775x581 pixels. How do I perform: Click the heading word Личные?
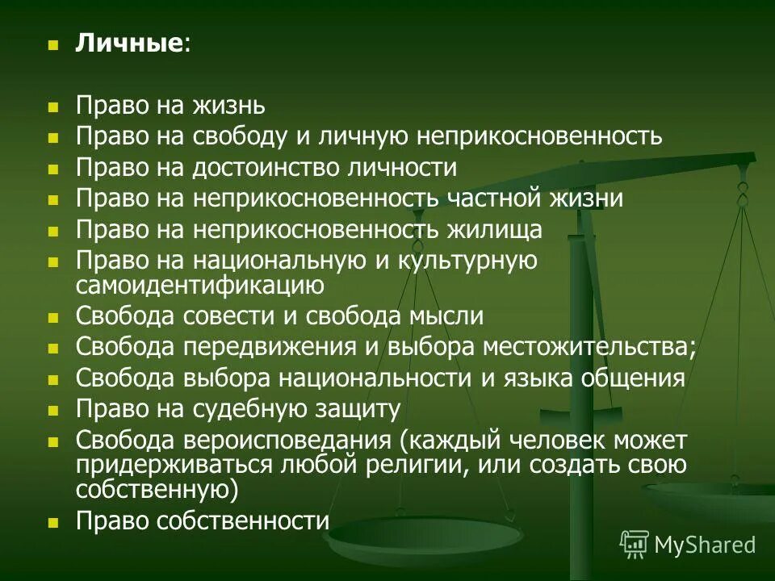[129, 44]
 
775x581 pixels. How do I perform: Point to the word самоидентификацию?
[200, 285]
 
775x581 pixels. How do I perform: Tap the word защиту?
[360, 409]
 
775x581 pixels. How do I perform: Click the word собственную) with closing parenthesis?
[157, 488]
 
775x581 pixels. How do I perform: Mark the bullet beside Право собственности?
[53, 522]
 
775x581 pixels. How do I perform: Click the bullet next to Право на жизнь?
[53, 107]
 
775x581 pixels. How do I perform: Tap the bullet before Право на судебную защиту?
[53, 410]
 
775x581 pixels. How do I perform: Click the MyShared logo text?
[705, 545]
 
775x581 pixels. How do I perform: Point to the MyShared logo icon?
[635, 545]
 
